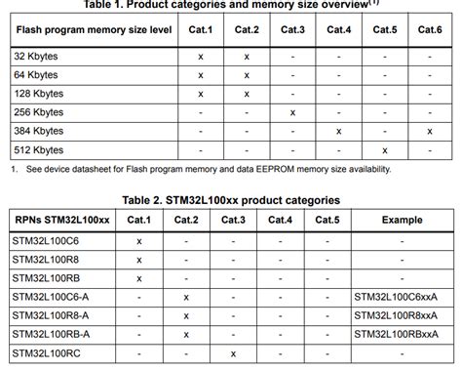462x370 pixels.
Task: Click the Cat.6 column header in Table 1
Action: [x=430, y=29]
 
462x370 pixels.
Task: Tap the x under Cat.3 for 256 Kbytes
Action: [x=292, y=112]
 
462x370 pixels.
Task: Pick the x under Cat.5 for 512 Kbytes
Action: [x=385, y=149]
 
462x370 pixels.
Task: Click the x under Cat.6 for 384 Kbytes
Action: [x=430, y=131]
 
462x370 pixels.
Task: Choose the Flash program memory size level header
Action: [x=95, y=29]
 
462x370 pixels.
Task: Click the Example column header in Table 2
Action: [x=403, y=220]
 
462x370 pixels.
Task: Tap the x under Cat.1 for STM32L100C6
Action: [x=139, y=240]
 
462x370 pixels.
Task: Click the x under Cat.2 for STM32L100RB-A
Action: [x=186, y=333]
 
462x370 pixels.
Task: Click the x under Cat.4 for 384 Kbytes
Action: [x=338, y=131]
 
